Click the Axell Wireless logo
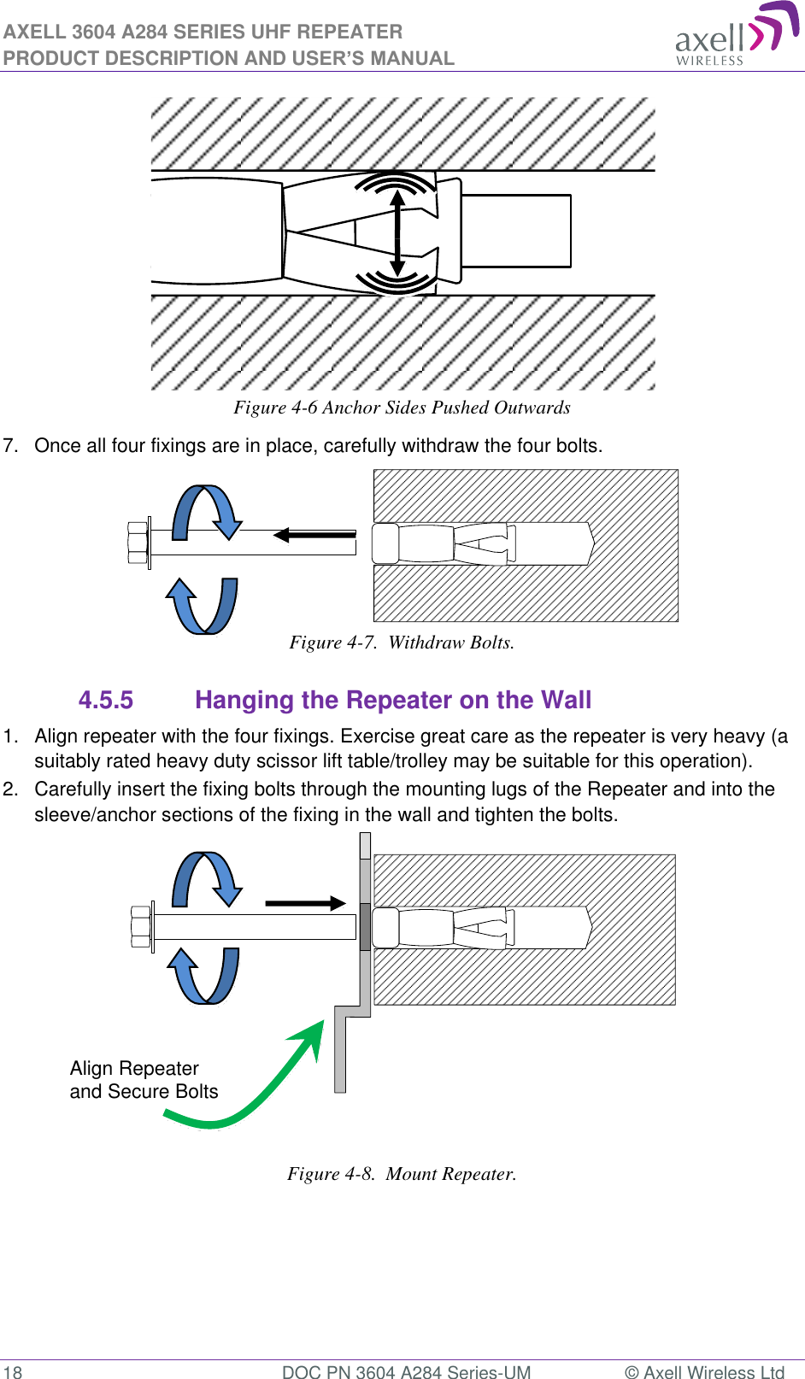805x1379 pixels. [x=735, y=35]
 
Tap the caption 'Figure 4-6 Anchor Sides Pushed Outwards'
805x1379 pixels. [x=402, y=408]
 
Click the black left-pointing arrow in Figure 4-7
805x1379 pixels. [x=314, y=535]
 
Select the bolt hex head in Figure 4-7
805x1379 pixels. [x=138, y=543]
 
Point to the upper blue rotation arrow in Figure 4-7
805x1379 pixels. [x=207, y=511]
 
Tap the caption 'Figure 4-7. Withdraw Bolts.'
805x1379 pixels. [x=402, y=643]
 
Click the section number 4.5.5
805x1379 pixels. [x=106, y=701]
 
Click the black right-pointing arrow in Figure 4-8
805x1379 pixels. [x=305, y=903]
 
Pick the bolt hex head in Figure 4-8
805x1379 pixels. [x=141, y=927]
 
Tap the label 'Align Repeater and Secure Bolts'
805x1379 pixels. [x=144, y=1080]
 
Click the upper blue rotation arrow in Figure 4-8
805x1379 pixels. [x=208, y=877]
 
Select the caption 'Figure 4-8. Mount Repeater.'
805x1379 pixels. [x=402, y=1174]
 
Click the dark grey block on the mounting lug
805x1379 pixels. [x=365, y=927]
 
